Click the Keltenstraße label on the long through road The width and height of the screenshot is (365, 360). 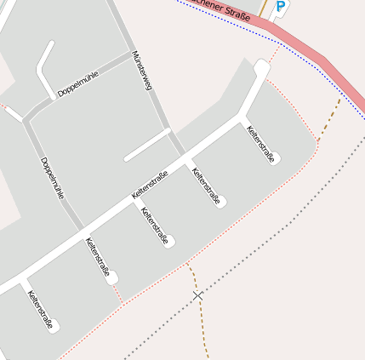click(x=150, y=185)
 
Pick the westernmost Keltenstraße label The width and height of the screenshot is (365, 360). click(x=41, y=311)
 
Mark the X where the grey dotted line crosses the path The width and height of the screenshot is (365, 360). click(x=198, y=295)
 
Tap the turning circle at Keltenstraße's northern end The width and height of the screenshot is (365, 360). click(x=261, y=66)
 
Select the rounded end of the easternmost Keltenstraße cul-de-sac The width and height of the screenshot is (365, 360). click(x=276, y=158)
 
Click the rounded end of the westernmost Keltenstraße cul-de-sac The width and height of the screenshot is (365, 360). click(x=55, y=327)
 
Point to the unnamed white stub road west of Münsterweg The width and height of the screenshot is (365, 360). click(x=147, y=145)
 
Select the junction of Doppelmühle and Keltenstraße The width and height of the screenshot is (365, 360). click(x=82, y=231)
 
